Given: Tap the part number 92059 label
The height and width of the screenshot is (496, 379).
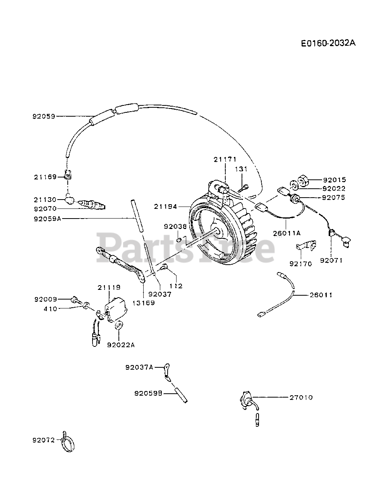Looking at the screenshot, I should tap(44, 116).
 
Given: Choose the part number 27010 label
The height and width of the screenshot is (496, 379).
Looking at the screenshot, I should tap(301, 397).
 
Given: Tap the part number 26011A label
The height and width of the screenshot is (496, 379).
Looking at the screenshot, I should tap(287, 233).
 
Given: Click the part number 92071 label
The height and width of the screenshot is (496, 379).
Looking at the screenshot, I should tap(331, 260).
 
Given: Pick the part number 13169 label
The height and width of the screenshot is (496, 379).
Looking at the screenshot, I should tap(143, 303).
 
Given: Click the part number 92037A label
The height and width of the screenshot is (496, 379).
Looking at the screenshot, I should tap(139, 367).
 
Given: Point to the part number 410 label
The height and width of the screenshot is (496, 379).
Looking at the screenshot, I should tap(51, 308).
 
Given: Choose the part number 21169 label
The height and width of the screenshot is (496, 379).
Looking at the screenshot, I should tap(45, 177).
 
